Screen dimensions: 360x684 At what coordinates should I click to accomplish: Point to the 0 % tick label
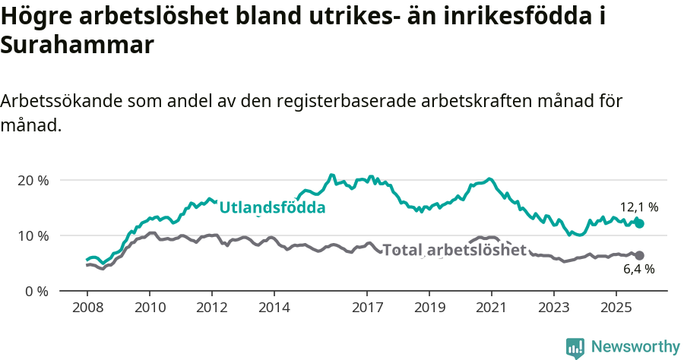(36, 291)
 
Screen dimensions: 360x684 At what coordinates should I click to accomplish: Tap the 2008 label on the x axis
(87, 308)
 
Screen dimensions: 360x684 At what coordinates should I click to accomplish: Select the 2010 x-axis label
(149, 308)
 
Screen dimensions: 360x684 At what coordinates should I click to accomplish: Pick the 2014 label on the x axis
(274, 308)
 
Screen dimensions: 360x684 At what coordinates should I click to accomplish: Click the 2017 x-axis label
(367, 308)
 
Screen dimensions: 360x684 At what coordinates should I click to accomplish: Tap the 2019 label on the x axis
(429, 308)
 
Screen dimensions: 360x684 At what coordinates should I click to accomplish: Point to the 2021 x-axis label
(491, 308)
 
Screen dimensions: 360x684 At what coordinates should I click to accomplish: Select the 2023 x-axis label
(553, 308)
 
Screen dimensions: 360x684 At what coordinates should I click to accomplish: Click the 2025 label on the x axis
(616, 308)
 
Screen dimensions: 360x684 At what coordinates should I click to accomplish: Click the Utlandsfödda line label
(272, 207)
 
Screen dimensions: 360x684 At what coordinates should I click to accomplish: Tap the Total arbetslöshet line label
(454, 250)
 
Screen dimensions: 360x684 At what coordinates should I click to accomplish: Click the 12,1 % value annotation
(638, 207)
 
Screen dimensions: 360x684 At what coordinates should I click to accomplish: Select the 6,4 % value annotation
(638, 269)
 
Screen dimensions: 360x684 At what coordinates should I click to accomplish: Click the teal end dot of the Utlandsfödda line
(640, 224)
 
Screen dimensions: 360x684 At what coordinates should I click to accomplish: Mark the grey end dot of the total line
(640, 255)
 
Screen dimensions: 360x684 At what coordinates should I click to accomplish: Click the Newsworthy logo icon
(575, 347)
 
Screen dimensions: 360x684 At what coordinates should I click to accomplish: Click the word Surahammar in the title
(78, 46)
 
